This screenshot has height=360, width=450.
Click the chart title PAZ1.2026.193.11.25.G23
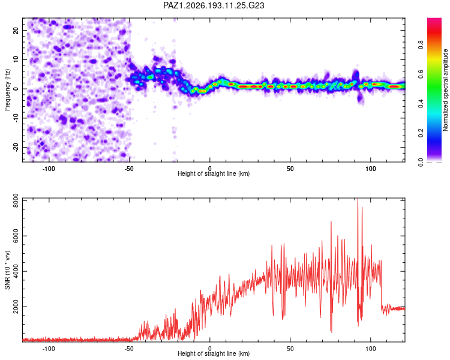(x=214, y=5)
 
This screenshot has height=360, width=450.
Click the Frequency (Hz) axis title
(x=7, y=90)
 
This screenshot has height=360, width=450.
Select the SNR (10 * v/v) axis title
(x=7, y=270)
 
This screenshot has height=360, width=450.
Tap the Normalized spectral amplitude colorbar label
(x=445, y=90)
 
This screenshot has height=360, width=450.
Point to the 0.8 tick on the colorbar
(x=421, y=45)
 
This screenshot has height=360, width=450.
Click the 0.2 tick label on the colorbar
(x=421, y=133)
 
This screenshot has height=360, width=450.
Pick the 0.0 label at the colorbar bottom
(x=421, y=163)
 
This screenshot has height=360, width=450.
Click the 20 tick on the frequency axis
(x=16, y=30)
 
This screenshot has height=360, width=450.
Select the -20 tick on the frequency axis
(x=16, y=148)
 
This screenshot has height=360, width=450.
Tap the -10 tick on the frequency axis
(x=16, y=118)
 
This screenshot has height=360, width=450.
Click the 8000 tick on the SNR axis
(x=16, y=200)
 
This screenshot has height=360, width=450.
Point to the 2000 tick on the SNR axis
(x=16, y=307)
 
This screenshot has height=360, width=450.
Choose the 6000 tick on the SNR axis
(x=16, y=236)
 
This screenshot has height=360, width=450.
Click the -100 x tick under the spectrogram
(x=49, y=169)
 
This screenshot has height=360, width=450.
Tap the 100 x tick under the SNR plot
(x=371, y=349)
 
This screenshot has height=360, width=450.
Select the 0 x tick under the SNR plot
(x=210, y=349)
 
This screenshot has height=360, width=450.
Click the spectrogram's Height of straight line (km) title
(x=214, y=173)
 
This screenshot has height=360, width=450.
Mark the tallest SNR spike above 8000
(x=358, y=199)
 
